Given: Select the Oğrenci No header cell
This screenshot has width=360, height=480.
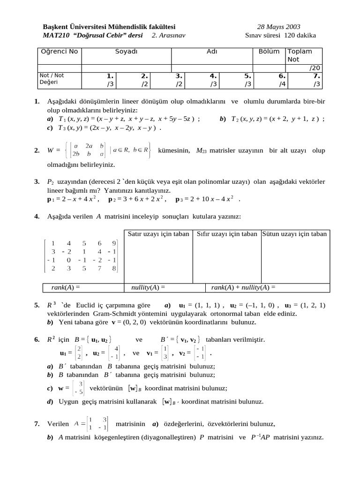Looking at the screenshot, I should pyautogui.click(x=59, y=52).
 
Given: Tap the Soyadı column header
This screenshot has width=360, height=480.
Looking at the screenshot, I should pyautogui.click(x=126, y=52).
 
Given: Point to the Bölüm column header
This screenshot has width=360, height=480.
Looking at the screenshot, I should pyautogui.click(x=269, y=52).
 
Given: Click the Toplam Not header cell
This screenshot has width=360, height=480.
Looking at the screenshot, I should pyautogui.click(x=300, y=55).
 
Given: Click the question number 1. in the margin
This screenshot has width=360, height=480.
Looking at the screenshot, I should pyautogui.click(x=37, y=101).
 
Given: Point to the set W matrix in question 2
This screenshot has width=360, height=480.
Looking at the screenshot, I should pyautogui.click(x=89, y=150).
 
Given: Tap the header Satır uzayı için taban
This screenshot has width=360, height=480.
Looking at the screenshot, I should pyautogui.click(x=158, y=233).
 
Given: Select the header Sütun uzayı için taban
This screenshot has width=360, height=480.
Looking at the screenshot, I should pyautogui.click(x=295, y=233).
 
